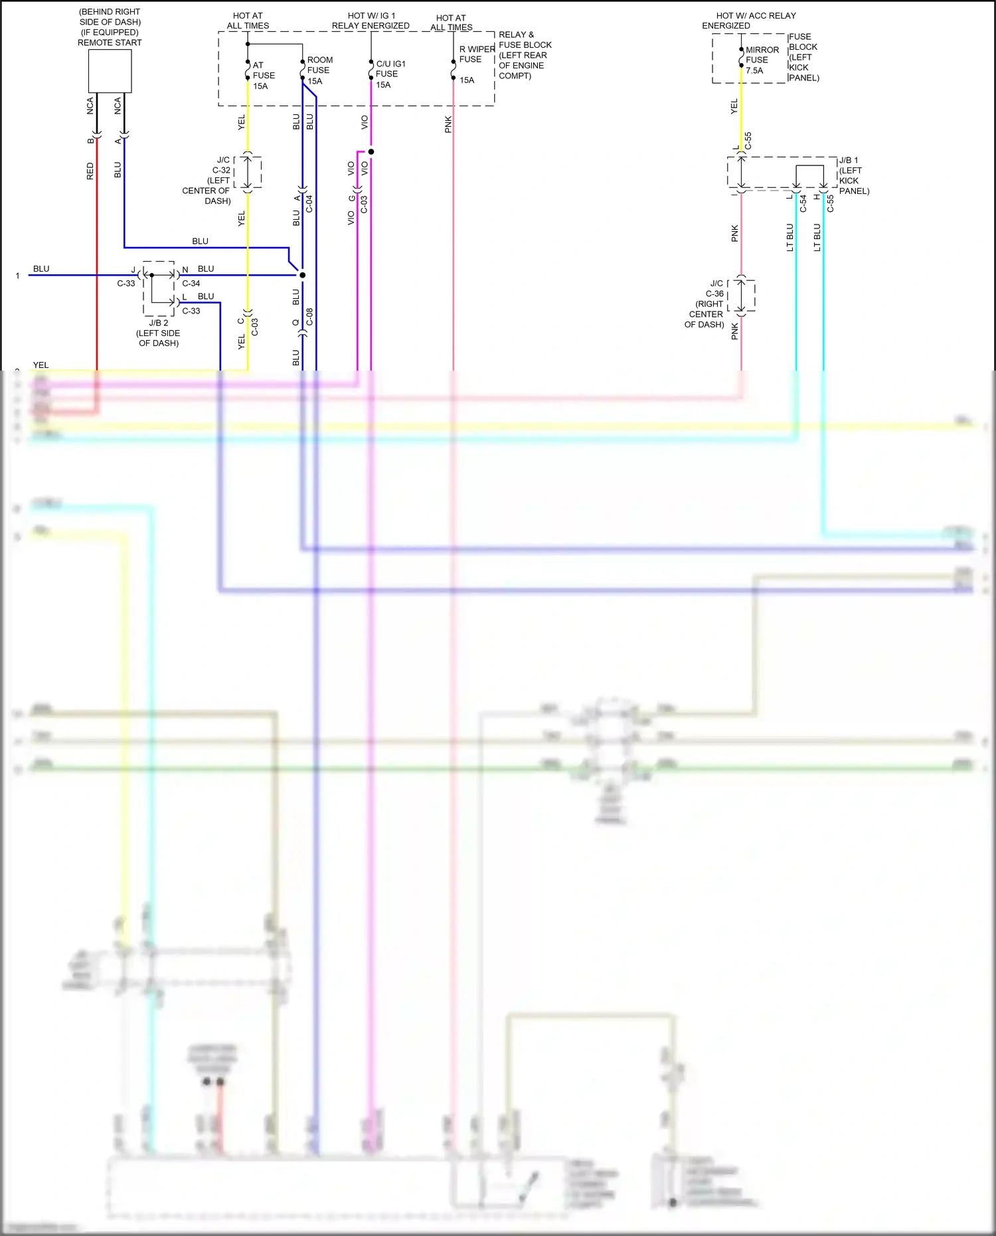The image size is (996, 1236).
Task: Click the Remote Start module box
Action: click(110, 71)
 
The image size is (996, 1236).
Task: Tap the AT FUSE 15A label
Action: click(263, 76)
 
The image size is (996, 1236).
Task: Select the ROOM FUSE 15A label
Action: click(319, 70)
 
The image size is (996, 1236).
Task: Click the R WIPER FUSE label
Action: click(476, 54)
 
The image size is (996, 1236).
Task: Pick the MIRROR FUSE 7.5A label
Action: click(761, 60)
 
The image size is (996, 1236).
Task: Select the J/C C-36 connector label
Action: click(706, 304)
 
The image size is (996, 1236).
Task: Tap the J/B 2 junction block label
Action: click(159, 333)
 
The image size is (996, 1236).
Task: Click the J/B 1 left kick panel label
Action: click(853, 176)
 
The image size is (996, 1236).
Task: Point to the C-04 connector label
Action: click(309, 204)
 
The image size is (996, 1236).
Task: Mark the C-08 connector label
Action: click(309, 317)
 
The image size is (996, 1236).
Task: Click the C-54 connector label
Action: click(803, 203)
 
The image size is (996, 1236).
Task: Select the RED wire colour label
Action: click(90, 171)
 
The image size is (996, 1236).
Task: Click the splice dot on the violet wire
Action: click(371, 152)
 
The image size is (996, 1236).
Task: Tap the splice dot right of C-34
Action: click(302, 275)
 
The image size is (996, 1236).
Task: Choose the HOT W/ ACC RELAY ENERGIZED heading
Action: click(749, 21)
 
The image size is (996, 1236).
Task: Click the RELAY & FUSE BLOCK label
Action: click(525, 55)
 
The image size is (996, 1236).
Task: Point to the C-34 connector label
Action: click(191, 284)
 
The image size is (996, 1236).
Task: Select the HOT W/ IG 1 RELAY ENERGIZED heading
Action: click(371, 21)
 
